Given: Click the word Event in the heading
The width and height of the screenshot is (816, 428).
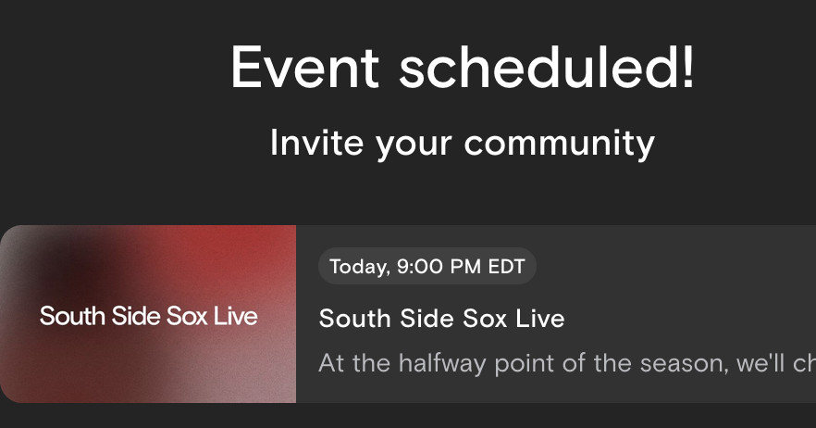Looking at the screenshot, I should [x=304, y=68].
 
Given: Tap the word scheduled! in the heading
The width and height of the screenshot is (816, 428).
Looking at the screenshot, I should [x=547, y=68].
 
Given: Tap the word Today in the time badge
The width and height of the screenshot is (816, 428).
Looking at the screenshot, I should [x=357, y=267].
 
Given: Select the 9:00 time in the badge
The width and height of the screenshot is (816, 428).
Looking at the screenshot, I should [x=416, y=267].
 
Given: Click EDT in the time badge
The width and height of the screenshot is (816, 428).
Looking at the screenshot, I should [x=507, y=267].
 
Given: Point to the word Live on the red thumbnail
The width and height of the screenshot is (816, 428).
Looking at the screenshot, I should [x=235, y=317].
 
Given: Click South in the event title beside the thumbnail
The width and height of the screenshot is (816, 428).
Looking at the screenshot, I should [x=353, y=319].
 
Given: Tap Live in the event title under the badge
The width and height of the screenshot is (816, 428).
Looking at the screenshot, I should [x=538, y=319].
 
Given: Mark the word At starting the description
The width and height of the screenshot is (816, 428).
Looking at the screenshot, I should [x=331, y=363].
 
